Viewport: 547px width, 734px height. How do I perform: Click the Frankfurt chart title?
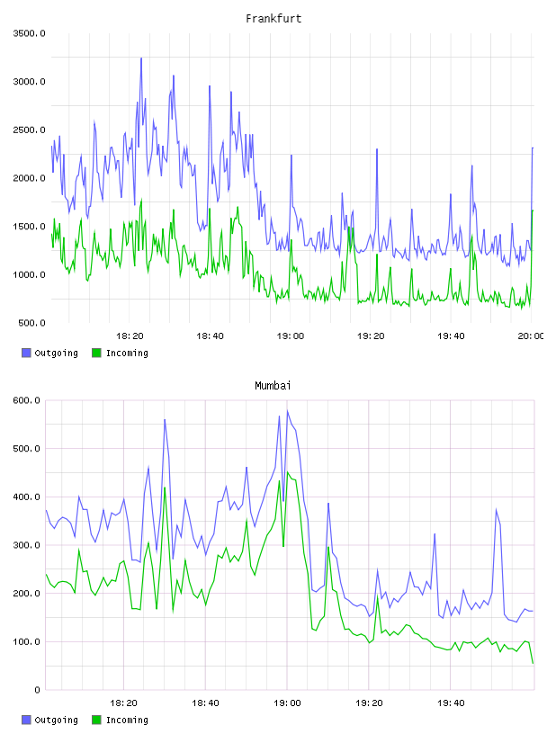click(273, 19)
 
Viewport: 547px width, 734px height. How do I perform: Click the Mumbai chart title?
click(273, 386)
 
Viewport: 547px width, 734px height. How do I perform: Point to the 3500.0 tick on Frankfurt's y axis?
click(29, 33)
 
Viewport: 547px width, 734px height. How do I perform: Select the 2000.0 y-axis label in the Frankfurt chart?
click(29, 178)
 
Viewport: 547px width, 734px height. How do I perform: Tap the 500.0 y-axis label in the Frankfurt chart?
click(31, 323)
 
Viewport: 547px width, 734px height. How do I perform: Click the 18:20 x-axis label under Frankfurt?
click(130, 336)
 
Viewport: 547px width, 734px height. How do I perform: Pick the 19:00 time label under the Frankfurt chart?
click(291, 336)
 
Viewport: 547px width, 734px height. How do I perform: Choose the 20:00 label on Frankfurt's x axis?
click(531, 336)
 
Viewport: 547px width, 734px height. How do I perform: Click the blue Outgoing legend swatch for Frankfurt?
click(26, 353)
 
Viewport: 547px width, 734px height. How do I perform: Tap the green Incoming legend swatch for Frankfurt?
click(96, 353)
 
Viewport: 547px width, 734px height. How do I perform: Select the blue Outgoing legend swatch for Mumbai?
click(26, 720)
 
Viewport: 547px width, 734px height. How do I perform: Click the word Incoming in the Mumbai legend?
click(127, 720)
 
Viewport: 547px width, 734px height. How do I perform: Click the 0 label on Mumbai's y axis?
click(37, 690)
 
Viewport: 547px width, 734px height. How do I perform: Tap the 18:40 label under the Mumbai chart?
click(206, 703)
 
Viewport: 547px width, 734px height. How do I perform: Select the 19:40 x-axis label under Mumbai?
click(451, 703)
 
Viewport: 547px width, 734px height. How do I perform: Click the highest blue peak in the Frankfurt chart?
click(141, 58)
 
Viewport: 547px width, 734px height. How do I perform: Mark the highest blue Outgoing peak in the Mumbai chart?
click(288, 410)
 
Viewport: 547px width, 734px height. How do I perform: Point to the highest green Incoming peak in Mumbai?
click(288, 472)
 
